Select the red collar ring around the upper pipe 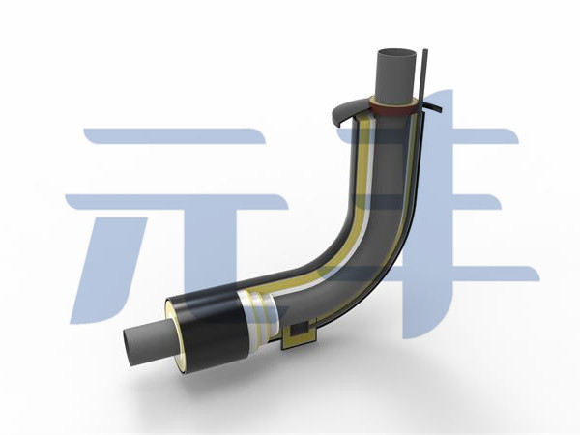(393, 109)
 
